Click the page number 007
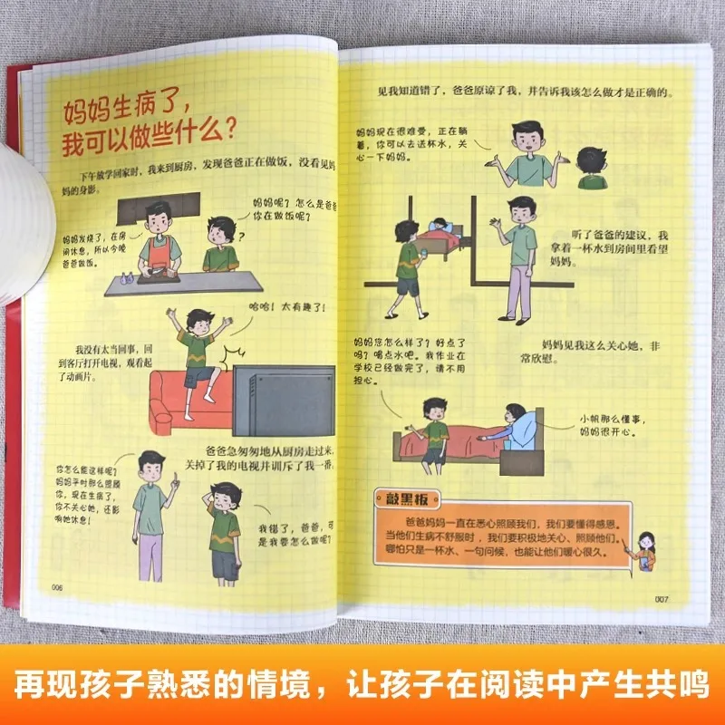click(x=661, y=598)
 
